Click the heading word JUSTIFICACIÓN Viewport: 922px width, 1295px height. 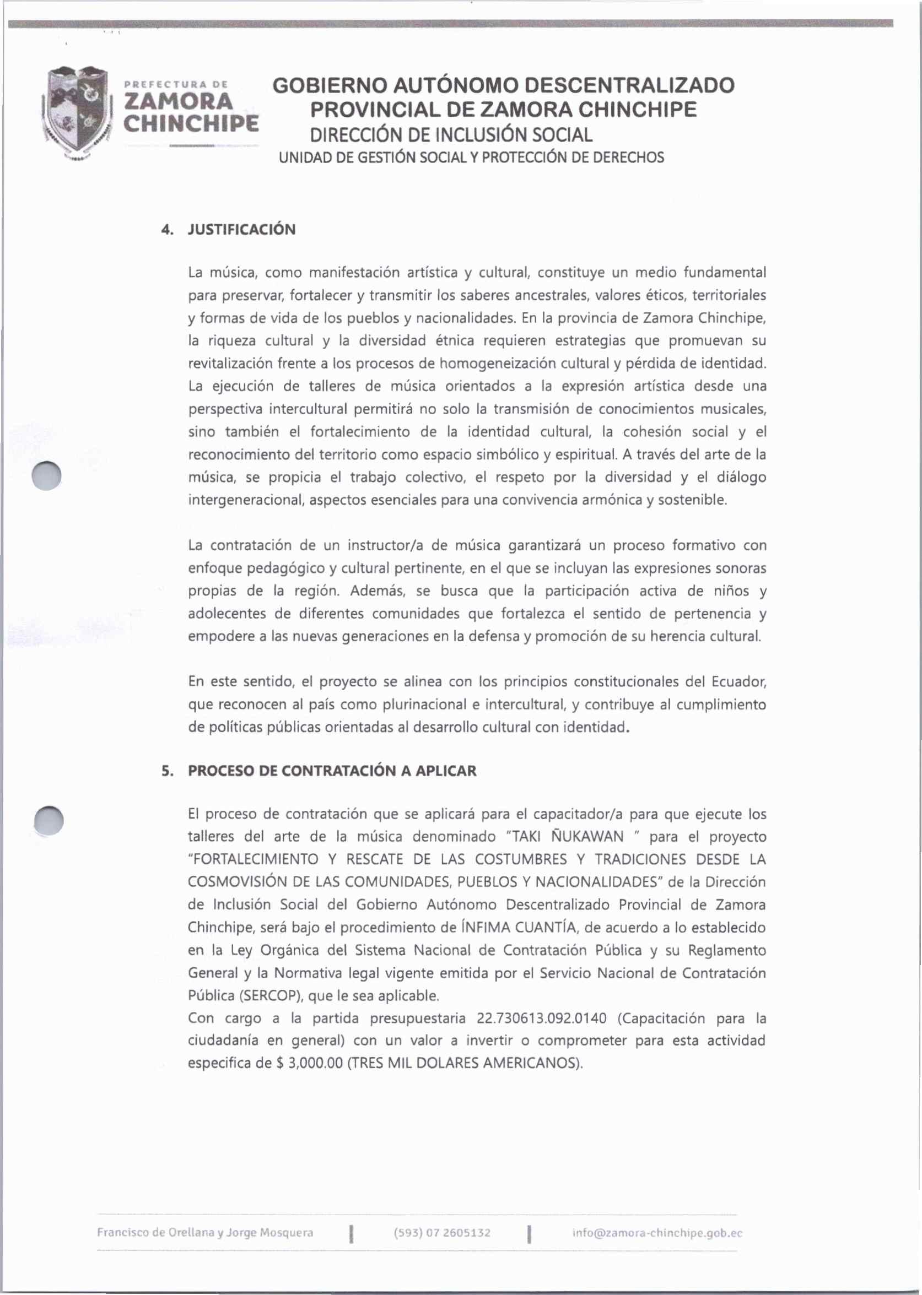241,230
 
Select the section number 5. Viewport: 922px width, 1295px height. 166,771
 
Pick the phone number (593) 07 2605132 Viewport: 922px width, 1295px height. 441,1233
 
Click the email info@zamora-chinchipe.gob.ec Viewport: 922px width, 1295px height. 657,1233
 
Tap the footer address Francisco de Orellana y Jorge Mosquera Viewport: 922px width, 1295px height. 205,1233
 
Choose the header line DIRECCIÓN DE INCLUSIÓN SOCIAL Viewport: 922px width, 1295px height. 450,135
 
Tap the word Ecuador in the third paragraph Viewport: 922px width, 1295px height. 737,681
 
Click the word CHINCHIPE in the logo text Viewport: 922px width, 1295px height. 191,123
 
